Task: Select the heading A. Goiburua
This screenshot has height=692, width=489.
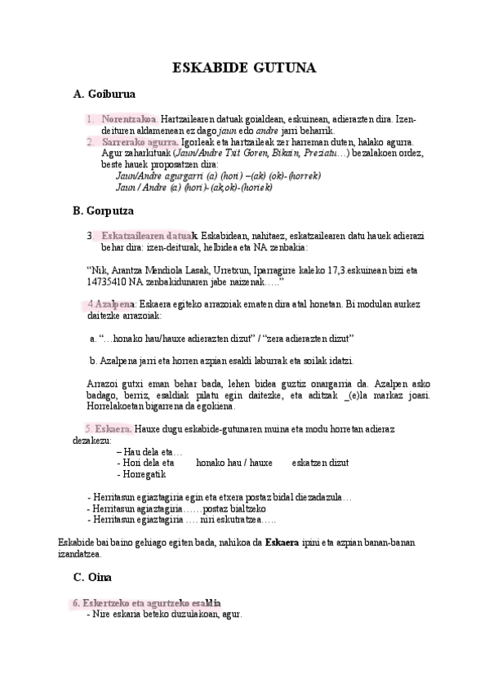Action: point(104,95)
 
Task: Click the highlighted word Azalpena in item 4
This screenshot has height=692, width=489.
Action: point(113,304)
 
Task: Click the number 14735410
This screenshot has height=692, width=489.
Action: point(106,282)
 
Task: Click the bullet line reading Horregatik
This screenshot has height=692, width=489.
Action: point(142,474)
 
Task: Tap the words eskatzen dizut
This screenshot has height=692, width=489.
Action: point(320,463)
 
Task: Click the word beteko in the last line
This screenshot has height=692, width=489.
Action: point(153,614)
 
